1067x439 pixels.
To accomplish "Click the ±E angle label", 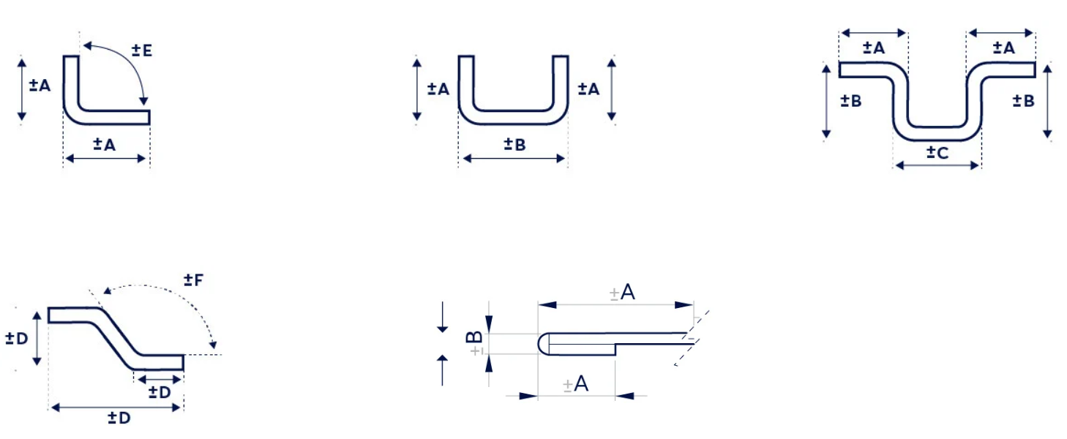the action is tap(142, 50).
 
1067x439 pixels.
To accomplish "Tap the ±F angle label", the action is tap(194, 279).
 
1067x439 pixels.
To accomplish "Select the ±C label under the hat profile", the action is tap(937, 153).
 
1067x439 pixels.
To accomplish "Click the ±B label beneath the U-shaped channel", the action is tap(514, 144).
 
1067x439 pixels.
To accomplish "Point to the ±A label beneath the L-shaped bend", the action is tap(105, 144).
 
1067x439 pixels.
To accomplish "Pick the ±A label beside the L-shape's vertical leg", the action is tap(40, 85).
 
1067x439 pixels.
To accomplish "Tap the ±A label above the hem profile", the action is tap(622, 292).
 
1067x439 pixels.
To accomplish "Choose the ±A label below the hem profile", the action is tap(575, 384).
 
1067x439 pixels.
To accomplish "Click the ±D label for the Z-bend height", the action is tap(17, 339).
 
